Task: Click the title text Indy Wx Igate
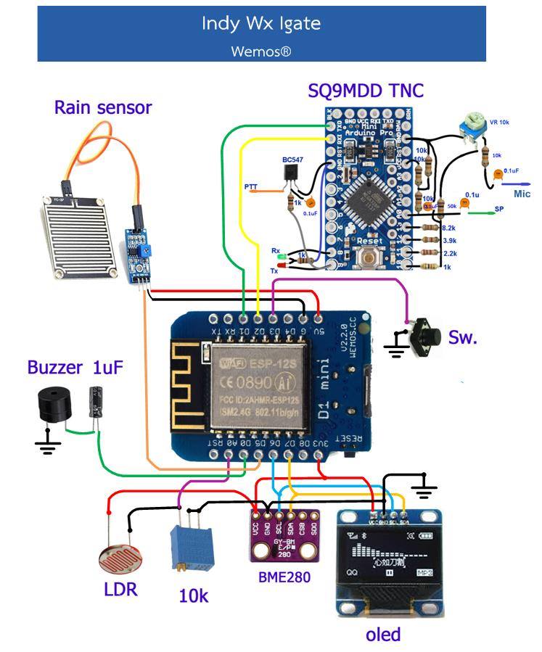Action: [x=261, y=23]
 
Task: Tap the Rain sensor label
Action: [x=103, y=108]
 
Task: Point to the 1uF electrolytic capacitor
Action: [x=96, y=401]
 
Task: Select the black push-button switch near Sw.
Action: [x=427, y=337]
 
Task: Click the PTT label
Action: [x=251, y=187]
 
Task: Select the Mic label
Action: [x=522, y=194]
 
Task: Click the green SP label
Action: [x=498, y=209]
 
